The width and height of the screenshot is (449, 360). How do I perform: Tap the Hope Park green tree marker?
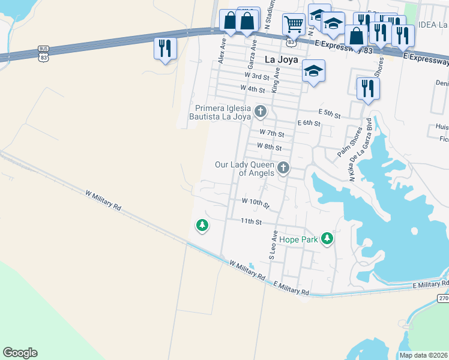tap(327, 239)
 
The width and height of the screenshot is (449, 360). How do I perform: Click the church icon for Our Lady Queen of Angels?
tap(283, 168)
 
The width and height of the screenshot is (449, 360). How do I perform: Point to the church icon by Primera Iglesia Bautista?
tap(261, 111)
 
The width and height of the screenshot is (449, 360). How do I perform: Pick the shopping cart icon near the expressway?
tap(294, 25)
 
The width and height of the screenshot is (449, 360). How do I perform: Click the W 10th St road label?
tap(256, 203)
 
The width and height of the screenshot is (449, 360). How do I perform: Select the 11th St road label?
tap(252, 221)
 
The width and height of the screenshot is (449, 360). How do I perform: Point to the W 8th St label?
tap(269, 146)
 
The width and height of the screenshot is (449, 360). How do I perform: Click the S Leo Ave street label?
tap(273, 245)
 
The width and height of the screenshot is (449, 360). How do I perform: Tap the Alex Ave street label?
tap(222, 52)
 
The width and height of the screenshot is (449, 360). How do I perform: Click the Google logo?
tap(20, 353)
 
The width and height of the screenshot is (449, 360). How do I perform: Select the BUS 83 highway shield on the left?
tap(43, 53)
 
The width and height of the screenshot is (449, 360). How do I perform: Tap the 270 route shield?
tap(442, 298)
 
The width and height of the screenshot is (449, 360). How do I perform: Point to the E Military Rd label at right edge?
tap(430, 285)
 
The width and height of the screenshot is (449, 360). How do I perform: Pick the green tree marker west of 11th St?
tap(202, 226)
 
